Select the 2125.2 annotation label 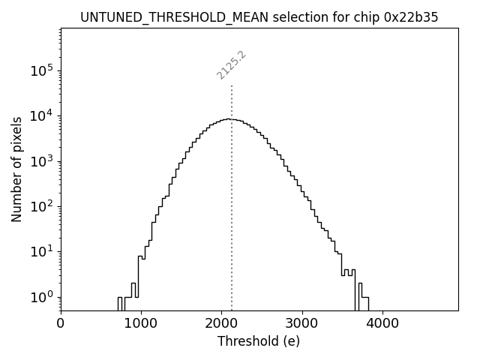[x=232, y=65]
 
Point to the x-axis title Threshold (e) [x=259, y=341]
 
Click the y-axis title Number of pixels [x=16, y=169]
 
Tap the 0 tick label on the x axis [x=61, y=324]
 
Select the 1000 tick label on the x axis [x=141, y=324]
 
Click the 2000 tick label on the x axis [x=222, y=324]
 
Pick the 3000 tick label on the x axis [x=302, y=324]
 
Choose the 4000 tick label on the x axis [x=382, y=324]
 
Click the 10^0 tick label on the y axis [x=42, y=297]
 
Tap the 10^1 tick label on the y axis [x=42, y=251]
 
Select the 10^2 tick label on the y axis [x=42, y=206]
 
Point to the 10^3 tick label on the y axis [x=42, y=161]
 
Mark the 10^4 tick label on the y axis [x=42, y=115]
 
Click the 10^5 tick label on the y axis [x=42, y=70]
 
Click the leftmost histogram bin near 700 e [x=119, y=303]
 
